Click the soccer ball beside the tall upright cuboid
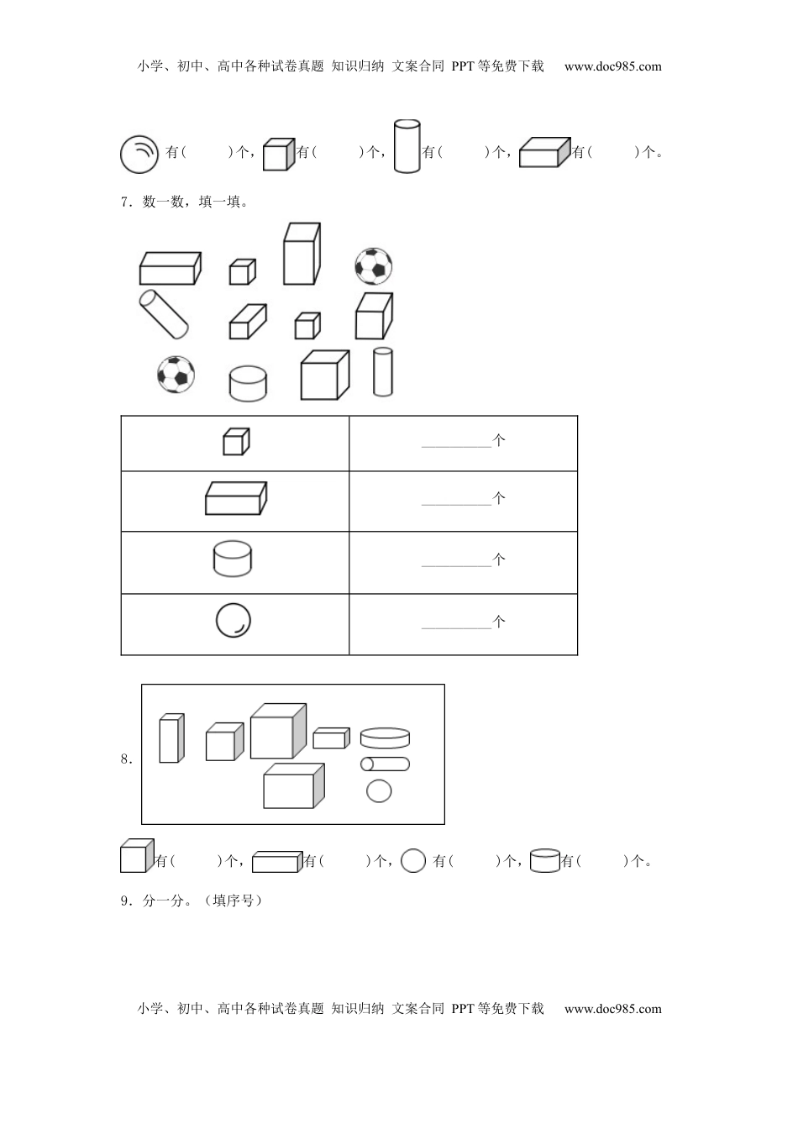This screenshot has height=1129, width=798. tap(373, 265)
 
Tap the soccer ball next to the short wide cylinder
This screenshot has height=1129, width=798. tap(176, 375)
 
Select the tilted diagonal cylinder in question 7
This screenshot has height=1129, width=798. tap(163, 314)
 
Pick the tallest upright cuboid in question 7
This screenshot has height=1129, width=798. tap(302, 254)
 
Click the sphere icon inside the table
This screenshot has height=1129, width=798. tap(233, 621)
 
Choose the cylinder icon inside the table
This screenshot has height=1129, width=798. tap(233, 559)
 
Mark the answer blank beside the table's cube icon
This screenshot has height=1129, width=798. tap(456, 447)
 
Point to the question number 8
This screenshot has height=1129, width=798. tap(127, 759)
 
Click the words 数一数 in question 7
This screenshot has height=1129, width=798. tap(163, 202)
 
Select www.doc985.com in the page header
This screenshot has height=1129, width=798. tap(612, 66)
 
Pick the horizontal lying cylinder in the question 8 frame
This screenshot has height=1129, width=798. tap(385, 764)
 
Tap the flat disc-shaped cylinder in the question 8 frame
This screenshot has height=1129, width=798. tap(385, 738)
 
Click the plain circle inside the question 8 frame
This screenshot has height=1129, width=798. tap(379, 790)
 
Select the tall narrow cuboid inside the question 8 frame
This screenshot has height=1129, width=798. tap(171, 738)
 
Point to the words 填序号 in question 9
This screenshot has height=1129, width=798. tap(233, 901)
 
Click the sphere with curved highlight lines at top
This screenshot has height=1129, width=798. tap(139, 155)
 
